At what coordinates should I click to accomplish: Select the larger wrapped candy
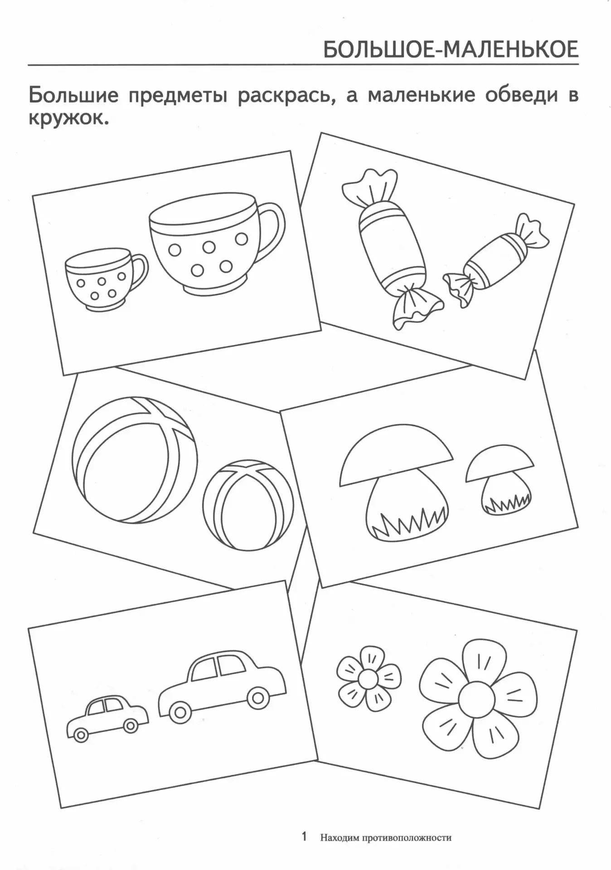tap(391, 248)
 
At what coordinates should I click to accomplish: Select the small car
tap(107, 725)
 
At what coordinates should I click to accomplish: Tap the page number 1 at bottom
tap(304, 836)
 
